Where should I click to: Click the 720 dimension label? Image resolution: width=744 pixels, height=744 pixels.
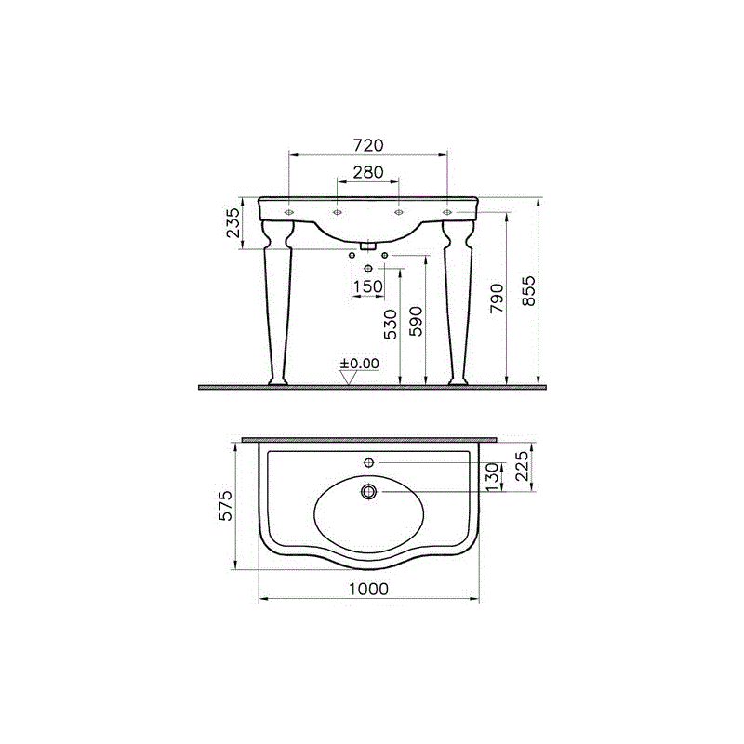[x=368, y=145]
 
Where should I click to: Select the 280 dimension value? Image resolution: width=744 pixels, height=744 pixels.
[x=368, y=172]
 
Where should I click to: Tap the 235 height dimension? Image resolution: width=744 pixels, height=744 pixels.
[x=233, y=222]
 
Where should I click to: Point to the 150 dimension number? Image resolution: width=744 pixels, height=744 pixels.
[x=368, y=286]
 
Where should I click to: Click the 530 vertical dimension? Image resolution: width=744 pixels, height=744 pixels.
[x=391, y=325]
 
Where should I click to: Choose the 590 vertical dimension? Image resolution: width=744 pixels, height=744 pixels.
[x=416, y=322]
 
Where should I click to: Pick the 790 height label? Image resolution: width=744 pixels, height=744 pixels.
[x=497, y=299]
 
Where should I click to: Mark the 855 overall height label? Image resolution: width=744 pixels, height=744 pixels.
[x=528, y=291]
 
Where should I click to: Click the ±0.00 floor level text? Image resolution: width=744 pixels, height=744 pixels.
[x=360, y=364]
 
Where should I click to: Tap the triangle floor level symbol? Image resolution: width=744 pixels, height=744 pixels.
[x=349, y=378]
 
